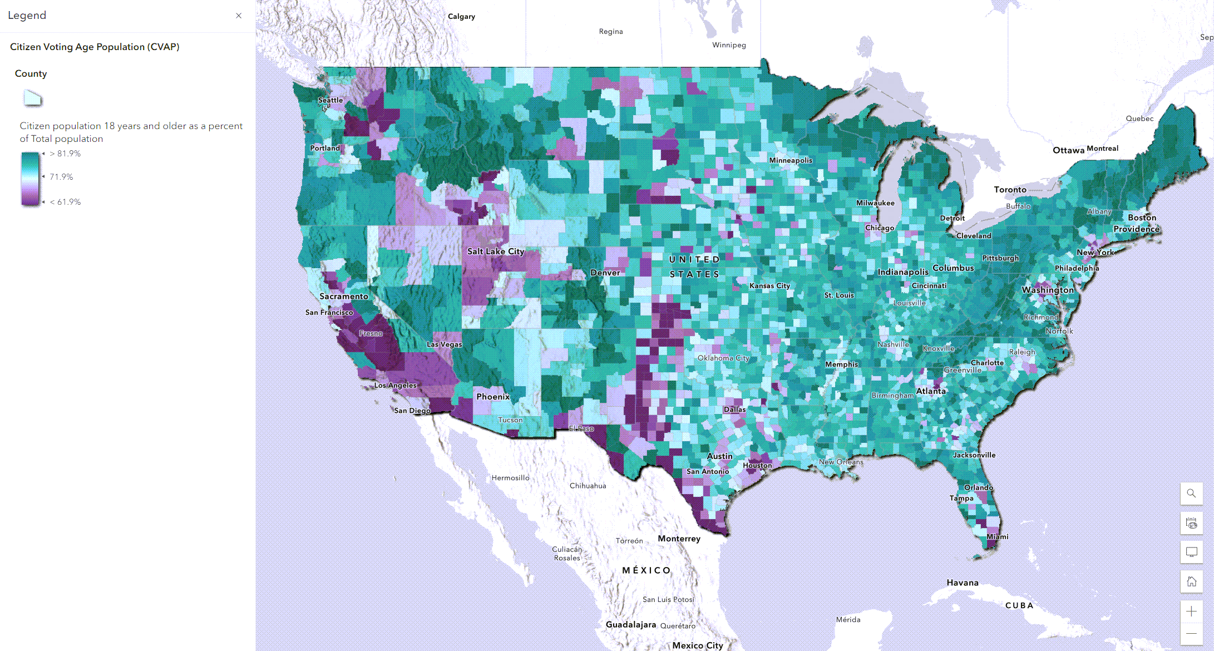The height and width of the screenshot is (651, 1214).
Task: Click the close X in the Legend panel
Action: click(x=239, y=16)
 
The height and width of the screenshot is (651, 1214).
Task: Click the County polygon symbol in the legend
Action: click(x=32, y=98)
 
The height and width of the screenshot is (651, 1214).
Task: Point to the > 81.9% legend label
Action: click(x=65, y=154)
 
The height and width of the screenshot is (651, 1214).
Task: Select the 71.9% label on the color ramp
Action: click(x=61, y=177)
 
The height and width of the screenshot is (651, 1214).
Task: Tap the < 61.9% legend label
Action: click(x=65, y=202)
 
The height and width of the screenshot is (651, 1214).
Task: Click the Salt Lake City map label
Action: click(x=495, y=251)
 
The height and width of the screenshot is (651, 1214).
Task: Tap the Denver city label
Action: click(x=605, y=273)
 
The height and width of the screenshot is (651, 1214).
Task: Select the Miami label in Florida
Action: click(x=997, y=537)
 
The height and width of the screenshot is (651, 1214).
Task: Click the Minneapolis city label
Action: click(x=790, y=160)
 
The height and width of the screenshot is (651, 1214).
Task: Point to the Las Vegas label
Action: click(x=444, y=344)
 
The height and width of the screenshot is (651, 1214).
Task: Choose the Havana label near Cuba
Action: click(x=962, y=583)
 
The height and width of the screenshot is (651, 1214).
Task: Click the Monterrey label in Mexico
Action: click(x=679, y=539)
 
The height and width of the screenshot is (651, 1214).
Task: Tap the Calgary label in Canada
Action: click(x=461, y=17)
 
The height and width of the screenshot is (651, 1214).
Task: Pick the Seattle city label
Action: click(x=330, y=100)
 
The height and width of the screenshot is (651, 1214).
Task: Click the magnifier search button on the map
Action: click(x=1191, y=494)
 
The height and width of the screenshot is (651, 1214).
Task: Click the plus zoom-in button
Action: click(x=1191, y=611)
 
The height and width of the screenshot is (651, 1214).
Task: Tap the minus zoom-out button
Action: click(x=1191, y=634)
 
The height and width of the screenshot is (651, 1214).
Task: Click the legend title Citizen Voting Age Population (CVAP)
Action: click(x=95, y=47)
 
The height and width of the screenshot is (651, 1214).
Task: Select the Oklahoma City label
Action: click(x=723, y=358)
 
